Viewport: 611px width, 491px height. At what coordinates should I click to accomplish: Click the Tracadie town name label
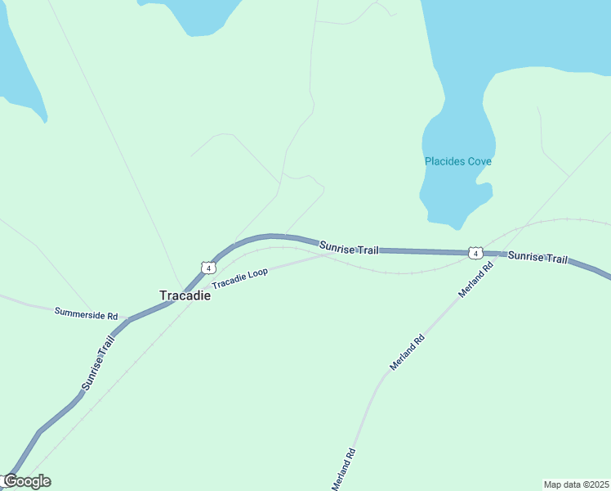tap(185, 295)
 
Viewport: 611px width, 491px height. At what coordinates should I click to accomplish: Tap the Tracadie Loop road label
tap(240, 277)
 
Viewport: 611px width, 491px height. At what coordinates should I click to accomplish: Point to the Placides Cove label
tap(457, 161)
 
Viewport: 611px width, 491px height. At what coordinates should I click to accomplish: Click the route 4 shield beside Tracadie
tap(209, 268)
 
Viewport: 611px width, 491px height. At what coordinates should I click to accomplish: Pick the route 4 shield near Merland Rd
tap(475, 253)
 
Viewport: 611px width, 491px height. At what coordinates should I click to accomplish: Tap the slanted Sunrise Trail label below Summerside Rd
tap(97, 362)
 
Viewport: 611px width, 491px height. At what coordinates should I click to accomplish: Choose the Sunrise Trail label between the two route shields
tap(349, 247)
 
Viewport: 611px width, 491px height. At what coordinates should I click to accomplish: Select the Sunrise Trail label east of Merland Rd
tap(537, 257)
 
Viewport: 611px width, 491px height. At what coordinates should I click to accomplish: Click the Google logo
tap(27, 481)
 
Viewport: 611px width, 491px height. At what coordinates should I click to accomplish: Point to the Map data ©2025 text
tap(576, 484)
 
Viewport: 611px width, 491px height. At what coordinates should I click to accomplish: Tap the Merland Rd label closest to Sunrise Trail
tap(477, 279)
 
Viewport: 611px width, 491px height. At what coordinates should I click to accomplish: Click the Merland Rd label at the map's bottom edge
tap(344, 469)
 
